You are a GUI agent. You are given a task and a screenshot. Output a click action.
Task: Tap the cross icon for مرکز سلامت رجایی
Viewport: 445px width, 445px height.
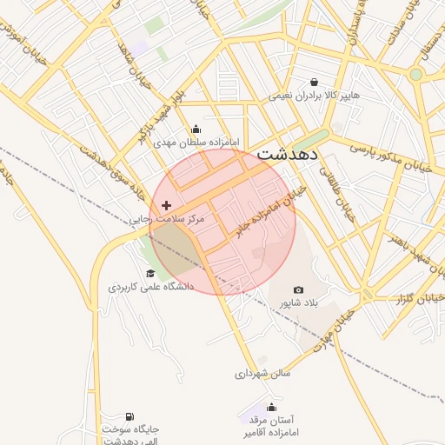pos(167,206)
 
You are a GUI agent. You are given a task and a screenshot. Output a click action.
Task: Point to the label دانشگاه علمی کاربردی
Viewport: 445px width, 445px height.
pos(150,286)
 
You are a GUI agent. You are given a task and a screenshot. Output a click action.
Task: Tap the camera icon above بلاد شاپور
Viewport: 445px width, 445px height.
pos(299,289)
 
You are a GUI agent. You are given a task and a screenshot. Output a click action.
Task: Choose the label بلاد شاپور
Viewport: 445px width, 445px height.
pos(299,302)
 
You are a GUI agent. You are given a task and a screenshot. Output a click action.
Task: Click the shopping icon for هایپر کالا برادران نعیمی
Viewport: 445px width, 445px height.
pos(313,83)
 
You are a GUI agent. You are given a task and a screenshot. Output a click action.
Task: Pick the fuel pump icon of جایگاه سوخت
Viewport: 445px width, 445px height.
pos(130,417)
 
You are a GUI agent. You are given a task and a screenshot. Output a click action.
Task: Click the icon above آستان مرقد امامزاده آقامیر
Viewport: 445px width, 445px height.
pos(272,407)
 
